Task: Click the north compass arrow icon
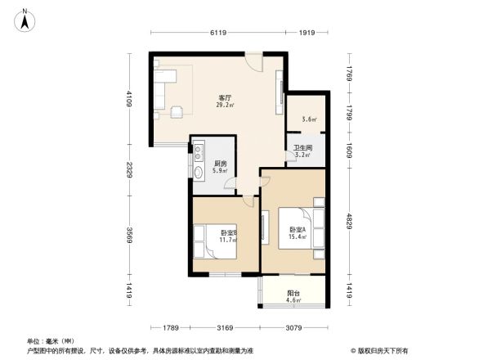click(25, 20)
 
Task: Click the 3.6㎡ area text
click(309, 119)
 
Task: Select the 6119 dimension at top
click(217, 33)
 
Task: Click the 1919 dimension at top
click(307, 33)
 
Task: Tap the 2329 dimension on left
click(129, 169)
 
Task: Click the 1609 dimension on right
click(349, 150)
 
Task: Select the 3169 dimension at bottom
click(226, 328)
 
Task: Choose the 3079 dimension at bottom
click(293, 328)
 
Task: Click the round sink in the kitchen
click(199, 172)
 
